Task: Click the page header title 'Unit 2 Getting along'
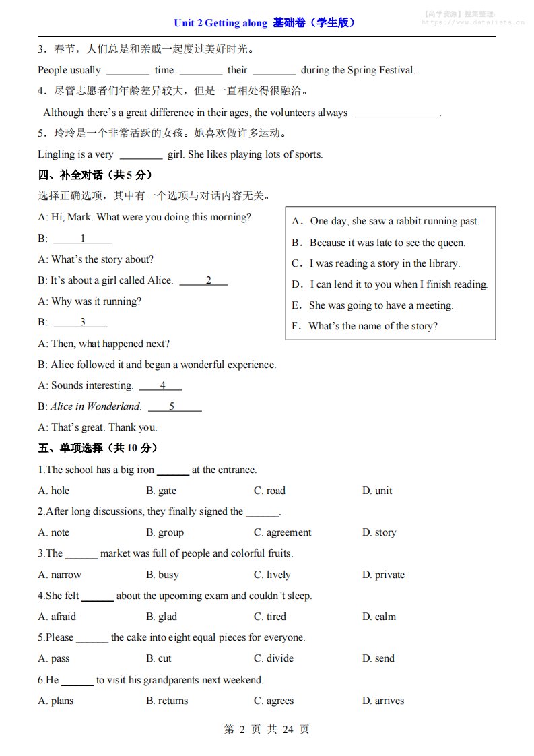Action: tap(221, 23)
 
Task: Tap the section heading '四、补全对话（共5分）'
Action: tap(95, 175)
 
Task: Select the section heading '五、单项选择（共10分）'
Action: tap(98, 448)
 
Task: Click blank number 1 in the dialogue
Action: tap(83, 239)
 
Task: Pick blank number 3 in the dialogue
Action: tap(82, 322)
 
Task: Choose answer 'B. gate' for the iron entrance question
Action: tap(161, 491)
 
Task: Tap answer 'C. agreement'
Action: tap(282, 532)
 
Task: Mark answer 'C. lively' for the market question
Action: tap(272, 575)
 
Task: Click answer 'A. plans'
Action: tap(56, 701)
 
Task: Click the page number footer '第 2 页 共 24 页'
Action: tap(267, 729)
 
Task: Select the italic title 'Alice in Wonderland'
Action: tap(96, 406)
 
